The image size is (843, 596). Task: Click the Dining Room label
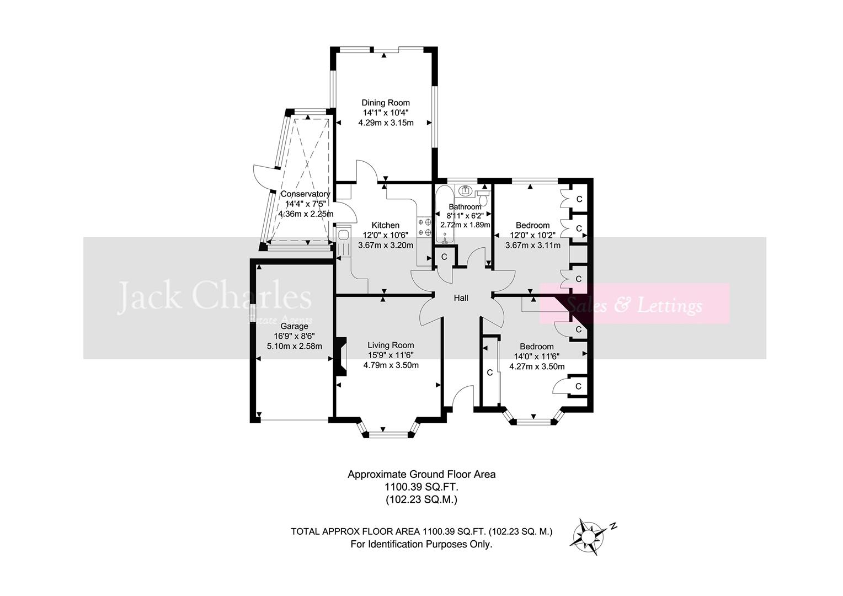point(386,103)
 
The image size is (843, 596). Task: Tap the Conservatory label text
point(305,194)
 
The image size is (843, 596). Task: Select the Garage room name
point(294,327)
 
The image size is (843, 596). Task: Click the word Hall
point(461,298)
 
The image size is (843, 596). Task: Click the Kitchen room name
point(385,225)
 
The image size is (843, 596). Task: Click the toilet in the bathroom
point(483,198)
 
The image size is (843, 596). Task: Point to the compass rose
point(589,535)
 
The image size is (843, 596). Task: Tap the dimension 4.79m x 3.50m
point(391,365)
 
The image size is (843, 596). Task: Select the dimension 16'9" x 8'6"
point(294,337)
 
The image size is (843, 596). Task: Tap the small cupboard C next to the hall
point(444,257)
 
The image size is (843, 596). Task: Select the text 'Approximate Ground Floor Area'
point(421,474)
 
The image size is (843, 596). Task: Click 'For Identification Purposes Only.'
point(421,544)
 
